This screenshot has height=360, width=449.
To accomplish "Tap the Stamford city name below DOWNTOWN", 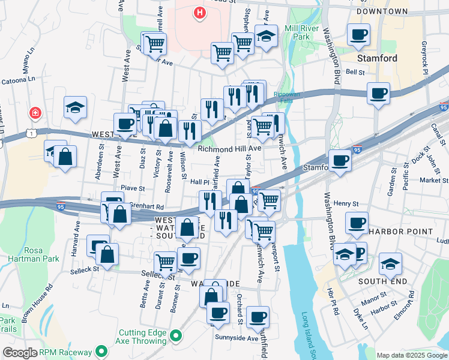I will click(377, 58).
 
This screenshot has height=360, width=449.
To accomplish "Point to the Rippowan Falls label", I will click(291, 98).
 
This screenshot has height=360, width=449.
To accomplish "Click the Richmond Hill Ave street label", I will click(230, 148).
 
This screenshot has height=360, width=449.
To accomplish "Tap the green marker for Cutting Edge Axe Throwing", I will click(176, 335).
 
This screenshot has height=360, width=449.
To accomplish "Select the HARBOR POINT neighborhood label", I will click(401, 231).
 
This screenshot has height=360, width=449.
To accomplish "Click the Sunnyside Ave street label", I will click(237, 338).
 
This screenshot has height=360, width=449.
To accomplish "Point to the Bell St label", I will click(355, 72).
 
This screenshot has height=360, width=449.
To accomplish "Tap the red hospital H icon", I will click(200, 12).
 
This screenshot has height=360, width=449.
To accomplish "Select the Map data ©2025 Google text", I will click(411, 355).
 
